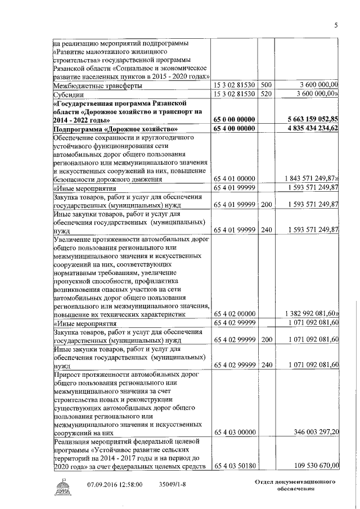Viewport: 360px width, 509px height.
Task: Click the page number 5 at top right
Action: pos(336,25)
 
